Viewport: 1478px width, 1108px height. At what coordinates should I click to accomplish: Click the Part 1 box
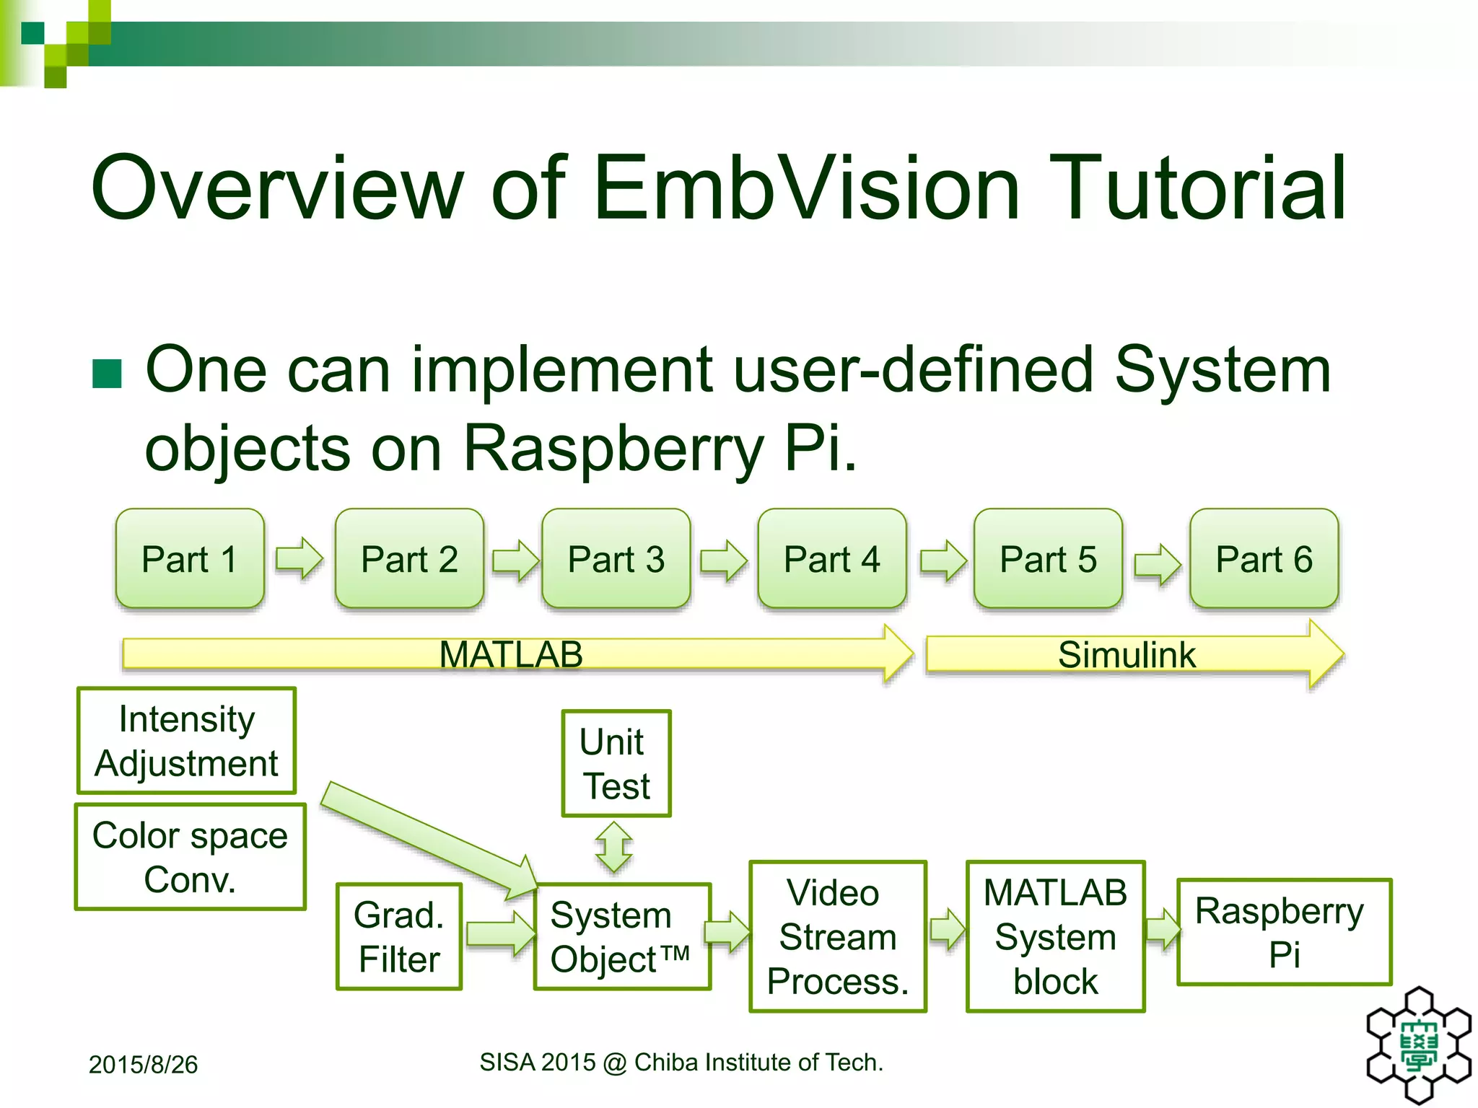point(190,559)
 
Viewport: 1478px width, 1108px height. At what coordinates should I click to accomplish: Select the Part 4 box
point(831,559)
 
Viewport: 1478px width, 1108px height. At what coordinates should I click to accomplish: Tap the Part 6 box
point(1264,559)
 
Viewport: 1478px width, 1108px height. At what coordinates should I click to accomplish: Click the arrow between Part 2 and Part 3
point(515,560)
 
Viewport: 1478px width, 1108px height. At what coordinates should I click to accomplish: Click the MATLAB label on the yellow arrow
point(511,655)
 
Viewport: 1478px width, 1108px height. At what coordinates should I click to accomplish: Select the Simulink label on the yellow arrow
point(1127,655)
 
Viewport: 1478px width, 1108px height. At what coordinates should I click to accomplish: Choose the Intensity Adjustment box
point(187,741)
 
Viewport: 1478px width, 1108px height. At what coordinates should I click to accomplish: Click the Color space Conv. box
point(190,857)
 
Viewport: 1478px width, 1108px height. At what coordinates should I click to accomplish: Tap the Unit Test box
point(616,764)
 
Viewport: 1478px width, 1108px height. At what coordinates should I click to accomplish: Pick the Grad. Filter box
point(398,936)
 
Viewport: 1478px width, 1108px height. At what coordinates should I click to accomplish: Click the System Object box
point(621,936)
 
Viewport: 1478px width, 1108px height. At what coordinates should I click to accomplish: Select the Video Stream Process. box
point(837,936)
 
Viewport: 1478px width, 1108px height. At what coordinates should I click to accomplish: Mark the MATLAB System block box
point(1055,936)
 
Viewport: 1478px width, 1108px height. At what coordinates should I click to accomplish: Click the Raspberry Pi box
point(1283,932)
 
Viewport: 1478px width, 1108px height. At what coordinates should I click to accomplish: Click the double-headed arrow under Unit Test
point(614,848)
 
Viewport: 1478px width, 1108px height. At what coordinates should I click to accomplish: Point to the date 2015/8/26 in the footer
point(143,1065)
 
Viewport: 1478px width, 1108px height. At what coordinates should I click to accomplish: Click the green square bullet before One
point(108,374)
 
